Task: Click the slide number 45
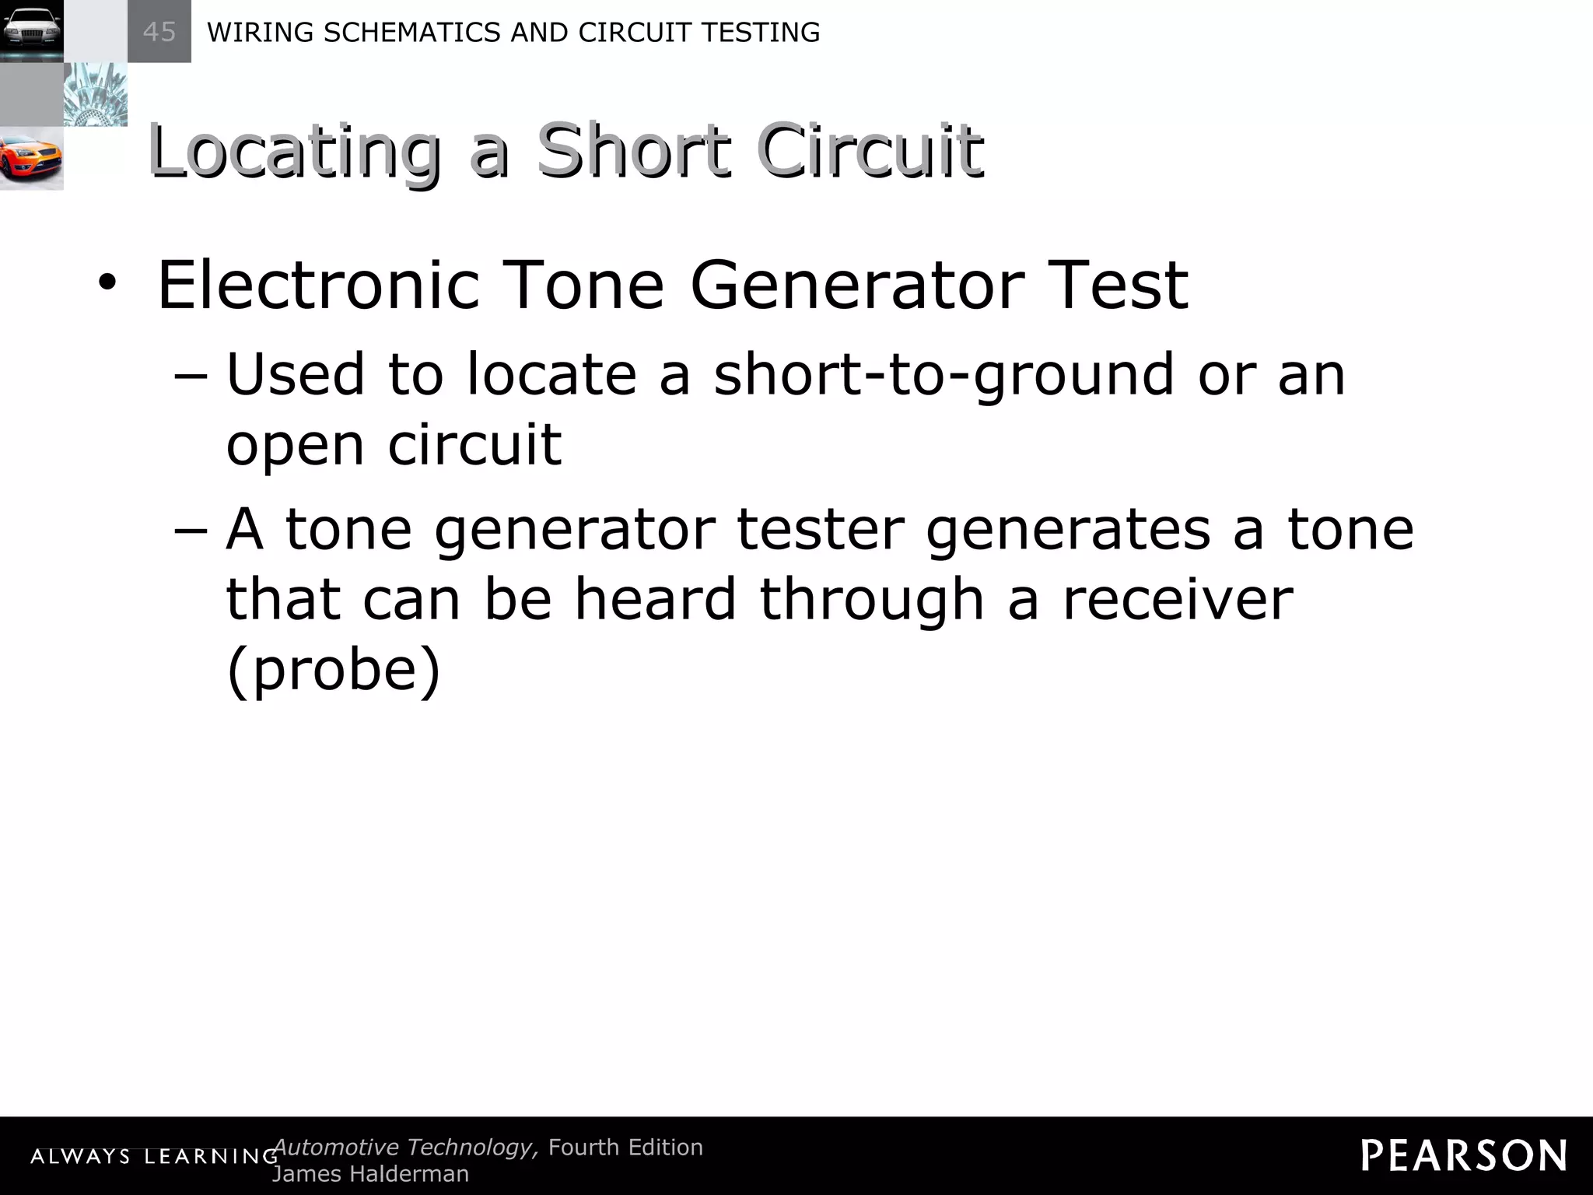pyautogui.click(x=159, y=32)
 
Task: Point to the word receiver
pyautogui.click(x=1177, y=599)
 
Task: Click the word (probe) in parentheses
pyautogui.click(x=334, y=669)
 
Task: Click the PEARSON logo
pyautogui.click(x=1464, y=1155)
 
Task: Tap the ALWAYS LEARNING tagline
pyautogui.click(x=154, y=1156)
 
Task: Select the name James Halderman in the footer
pyautogui.click(x=370, y=1173)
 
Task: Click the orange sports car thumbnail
pyautogui.click(x=31, y=158)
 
